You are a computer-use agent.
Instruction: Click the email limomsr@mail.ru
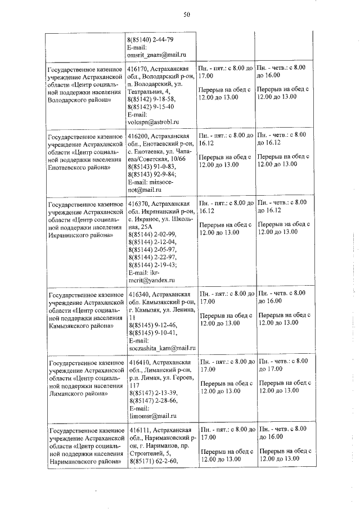(x=149, y=415)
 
